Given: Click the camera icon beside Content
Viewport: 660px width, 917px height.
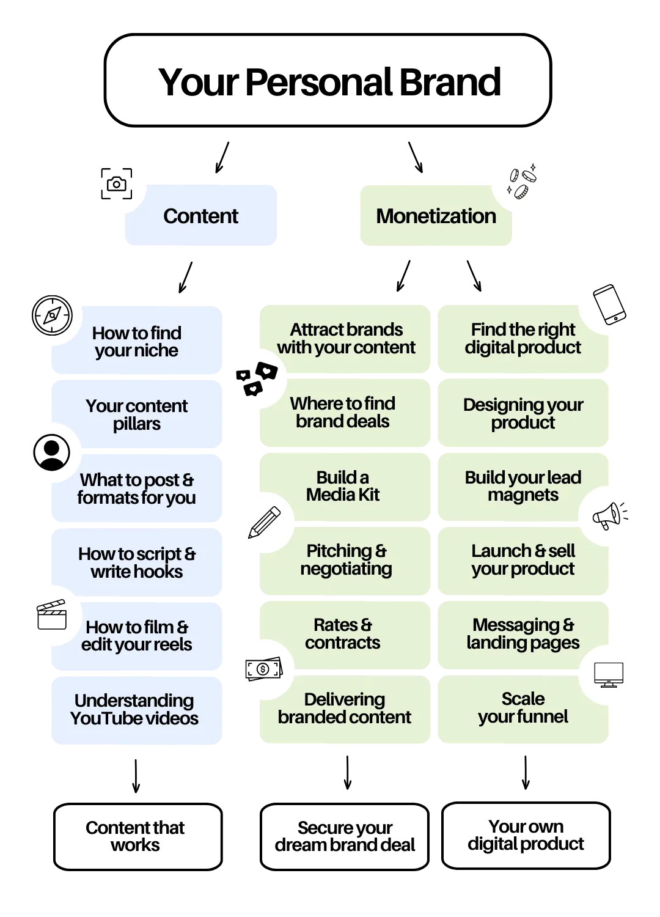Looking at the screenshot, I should coord(116,183).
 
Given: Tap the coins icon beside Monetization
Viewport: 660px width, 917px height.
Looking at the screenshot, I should coord(521,183).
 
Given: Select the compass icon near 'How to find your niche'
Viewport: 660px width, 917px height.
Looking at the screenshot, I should coord(52,315).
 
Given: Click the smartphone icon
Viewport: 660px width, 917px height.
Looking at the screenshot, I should coord(609,304).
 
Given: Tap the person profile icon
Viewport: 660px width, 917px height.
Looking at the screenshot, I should coord(51,453).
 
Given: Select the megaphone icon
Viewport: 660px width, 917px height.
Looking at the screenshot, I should coord(609,515).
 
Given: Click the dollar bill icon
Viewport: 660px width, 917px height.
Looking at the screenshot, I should coord(264,669).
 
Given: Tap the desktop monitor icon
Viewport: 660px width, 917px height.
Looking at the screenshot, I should coord(609,674).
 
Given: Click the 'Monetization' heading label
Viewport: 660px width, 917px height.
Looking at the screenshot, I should coord(435,216).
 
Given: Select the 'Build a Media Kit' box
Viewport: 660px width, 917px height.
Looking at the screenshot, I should coord(343,487).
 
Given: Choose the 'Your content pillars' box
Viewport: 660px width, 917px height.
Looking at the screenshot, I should coord(137,414).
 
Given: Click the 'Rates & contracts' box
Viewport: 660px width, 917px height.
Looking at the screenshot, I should coord(343,634).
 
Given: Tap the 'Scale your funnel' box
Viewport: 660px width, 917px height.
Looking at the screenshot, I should coord(523,708).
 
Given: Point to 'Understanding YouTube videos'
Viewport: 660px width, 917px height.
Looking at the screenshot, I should coord(136,709).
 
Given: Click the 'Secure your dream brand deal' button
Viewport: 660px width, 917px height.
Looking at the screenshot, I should coord(345,836).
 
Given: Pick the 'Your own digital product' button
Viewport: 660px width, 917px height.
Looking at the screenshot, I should coord(526,835).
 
